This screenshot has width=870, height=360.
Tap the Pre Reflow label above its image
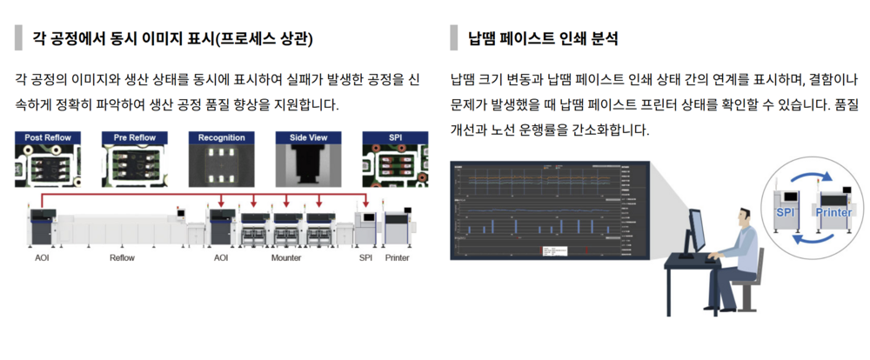[134, 137]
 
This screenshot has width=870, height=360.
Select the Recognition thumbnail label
[222, 137]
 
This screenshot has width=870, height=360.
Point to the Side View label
[309, 137]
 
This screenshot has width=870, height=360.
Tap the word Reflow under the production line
[123, 258]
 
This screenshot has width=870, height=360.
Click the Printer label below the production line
[397, 258]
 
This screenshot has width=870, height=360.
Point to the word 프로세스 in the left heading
[230, 39]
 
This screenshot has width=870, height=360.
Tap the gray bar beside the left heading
[18, 38]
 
